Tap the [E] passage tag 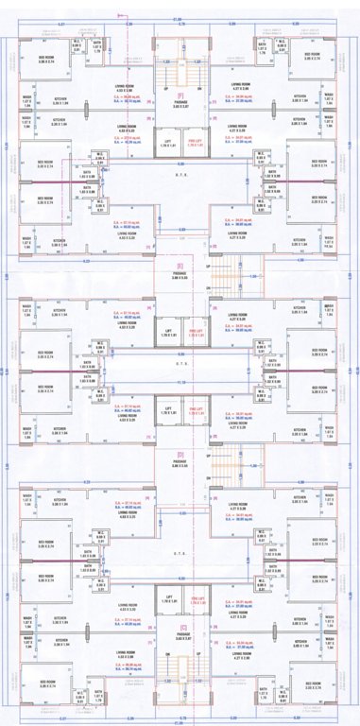[x=180, y=266]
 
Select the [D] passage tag [x=180, y=455]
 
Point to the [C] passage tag [x=180, y=628]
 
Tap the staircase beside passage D [x=220, y=462]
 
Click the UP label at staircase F [x=166, y=91]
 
